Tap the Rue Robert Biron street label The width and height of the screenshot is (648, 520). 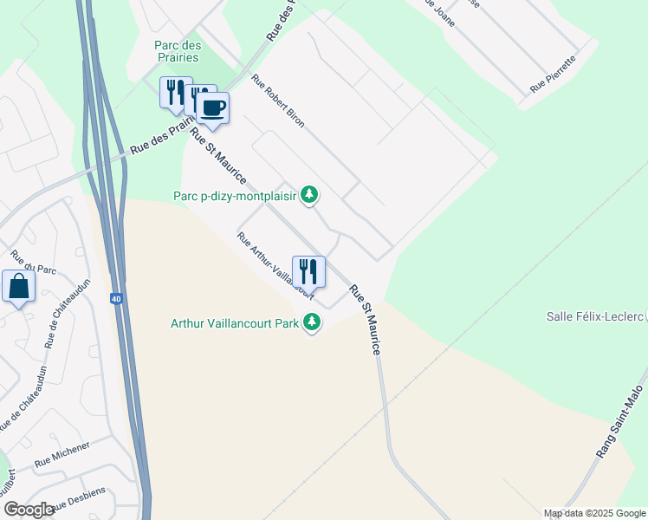click(x=278, y=101)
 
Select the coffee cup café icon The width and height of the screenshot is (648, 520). click(x=212, y=108)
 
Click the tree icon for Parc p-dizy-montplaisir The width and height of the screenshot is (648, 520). click(x=309, y=196)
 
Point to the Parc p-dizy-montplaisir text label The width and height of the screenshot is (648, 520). click(x=247, y=197)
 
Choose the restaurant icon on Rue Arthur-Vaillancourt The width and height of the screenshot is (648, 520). click(x=308, y=271)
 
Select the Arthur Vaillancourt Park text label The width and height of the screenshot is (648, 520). click(x=235, y=324)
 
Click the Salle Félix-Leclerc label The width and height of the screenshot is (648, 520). click(x=595, y=316)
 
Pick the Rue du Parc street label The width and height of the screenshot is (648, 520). click(x=33, y=263)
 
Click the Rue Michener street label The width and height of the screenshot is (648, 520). click(x=62, y=456)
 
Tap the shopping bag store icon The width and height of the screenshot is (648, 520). click(x=18, y=287)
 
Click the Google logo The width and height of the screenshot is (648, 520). click(x=29, y=510)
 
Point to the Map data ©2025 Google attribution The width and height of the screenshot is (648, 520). click(x=594, y=513)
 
